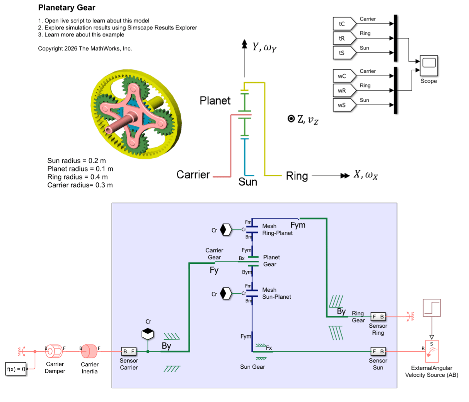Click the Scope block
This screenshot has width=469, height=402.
click(x=429, y=66)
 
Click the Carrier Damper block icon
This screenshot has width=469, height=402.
click(x=54, y=351)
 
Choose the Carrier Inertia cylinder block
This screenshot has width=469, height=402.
click(x=90, y=351)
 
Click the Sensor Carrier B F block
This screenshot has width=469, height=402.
click(x=129, y=351)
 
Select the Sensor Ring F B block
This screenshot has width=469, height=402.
click(x=378, y=316)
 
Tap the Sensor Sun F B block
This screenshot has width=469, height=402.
click(x=378, y=351)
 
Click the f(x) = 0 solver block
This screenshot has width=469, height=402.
click(x=16, y=369)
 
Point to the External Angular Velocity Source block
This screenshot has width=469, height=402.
click(x=432, y=351)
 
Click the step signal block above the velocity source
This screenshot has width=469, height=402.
click(x=432, y=308)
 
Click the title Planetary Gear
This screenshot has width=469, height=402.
click(x=67, y=8)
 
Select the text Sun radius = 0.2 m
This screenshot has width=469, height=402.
click(x=76, y=161)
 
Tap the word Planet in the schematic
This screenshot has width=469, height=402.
click(x=215, y=101)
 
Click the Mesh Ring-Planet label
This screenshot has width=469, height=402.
click(x=277, y=229)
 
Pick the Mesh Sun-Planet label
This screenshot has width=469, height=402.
click(x=276, y=293)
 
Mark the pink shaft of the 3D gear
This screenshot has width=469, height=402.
click(x=118, y=125)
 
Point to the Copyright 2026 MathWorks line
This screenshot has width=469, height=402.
click(x=85, y=48)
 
